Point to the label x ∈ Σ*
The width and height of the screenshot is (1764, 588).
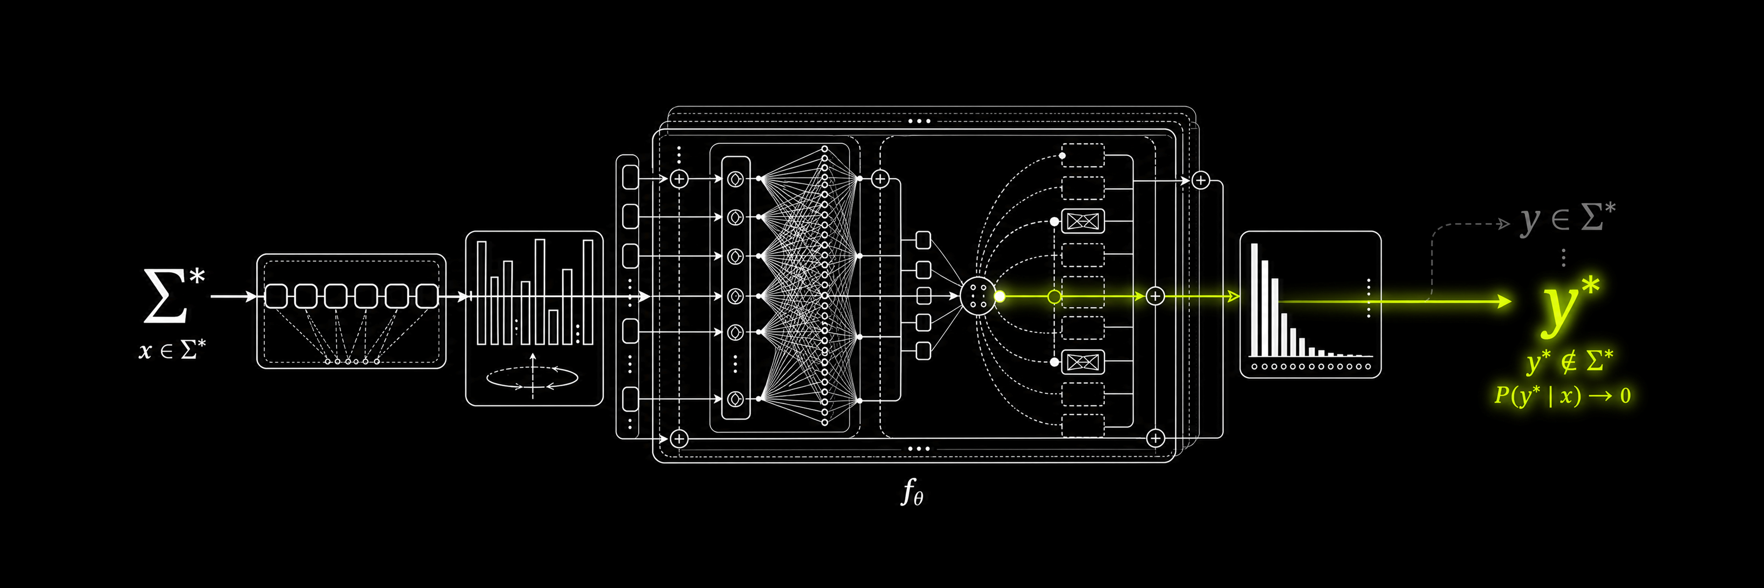(x=172, y=350)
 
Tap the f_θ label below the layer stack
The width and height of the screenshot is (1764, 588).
(x=911, y=492)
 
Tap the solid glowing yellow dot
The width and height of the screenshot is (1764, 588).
(x=1000, y=296)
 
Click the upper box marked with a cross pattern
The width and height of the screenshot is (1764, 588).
(x=1083, y=221)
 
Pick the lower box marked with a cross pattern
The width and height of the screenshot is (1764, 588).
(x=1083, y=362)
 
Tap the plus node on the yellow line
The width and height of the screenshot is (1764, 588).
(x=1155, y=296)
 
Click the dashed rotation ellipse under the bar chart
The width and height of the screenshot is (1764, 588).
(x=532, y=377)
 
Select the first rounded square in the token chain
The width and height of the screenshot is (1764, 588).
(x=276, y=296)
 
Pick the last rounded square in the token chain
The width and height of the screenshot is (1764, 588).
(x=427, y=296)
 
